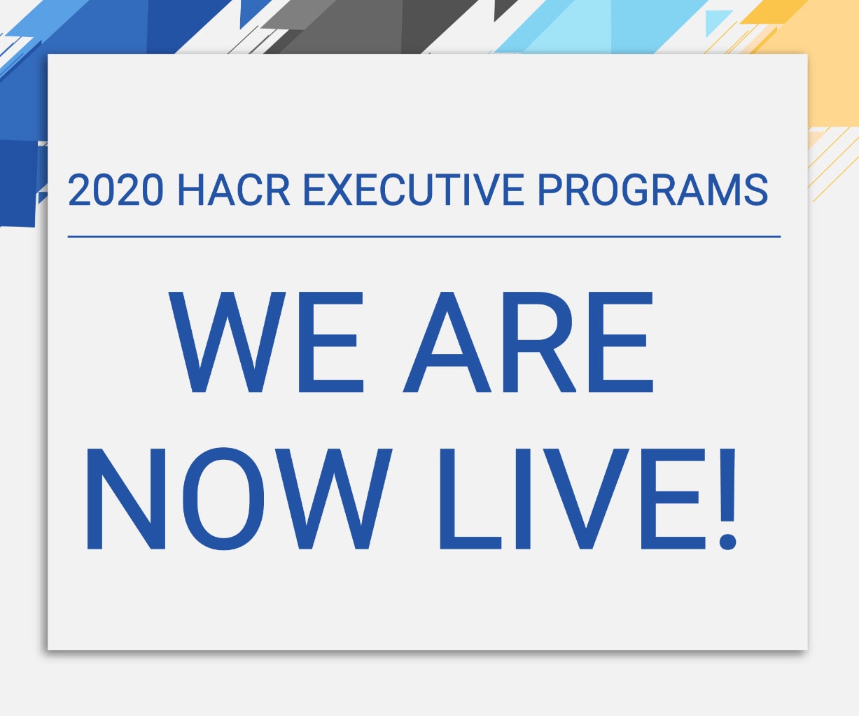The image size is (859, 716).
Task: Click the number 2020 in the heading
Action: coord(116,190)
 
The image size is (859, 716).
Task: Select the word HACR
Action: coord(234,190)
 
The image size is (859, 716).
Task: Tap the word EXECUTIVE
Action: coord(414,190)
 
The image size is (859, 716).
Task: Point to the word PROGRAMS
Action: coord(653,190)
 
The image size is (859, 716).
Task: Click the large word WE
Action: coord(266,342)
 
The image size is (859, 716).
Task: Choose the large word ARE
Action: coord(528,342)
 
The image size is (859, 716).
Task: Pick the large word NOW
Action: coord(239,498)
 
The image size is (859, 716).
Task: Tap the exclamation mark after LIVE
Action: coord(727,499)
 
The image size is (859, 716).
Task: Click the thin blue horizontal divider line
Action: coord(424,237)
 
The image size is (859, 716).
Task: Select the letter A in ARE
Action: coord(447,342)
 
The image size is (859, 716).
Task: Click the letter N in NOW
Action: coord(126,499)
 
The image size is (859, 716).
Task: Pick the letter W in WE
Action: coord(227,342)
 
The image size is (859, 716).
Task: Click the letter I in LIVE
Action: coord(522,499)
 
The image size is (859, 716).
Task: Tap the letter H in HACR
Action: coord(191,190)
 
